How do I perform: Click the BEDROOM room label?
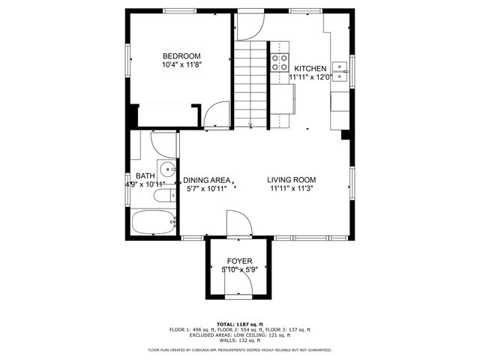pyautogui.click(x=181, y=56)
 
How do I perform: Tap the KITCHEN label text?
pyautogui.click(x=310, y=68)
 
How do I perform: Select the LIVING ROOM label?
pyautogui.click(x=292, y=180)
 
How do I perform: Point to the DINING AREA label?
pyautogui.click(x=207, y=180)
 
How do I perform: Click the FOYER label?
pyautogui.click(x=239, y=260)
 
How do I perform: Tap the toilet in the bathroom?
pyautogui.click(x=162, y=198)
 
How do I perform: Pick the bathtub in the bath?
pyautogui.click(x=153, y=222)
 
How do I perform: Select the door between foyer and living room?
pyautogui.click(x=238, y=223)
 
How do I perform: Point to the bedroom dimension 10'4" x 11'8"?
pyautogui.click(x=181, y=65)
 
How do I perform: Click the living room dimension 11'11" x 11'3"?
pyautogui.click(x=292, y=189)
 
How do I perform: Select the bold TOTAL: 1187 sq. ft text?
pyautogui.click(x=239, y=324)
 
